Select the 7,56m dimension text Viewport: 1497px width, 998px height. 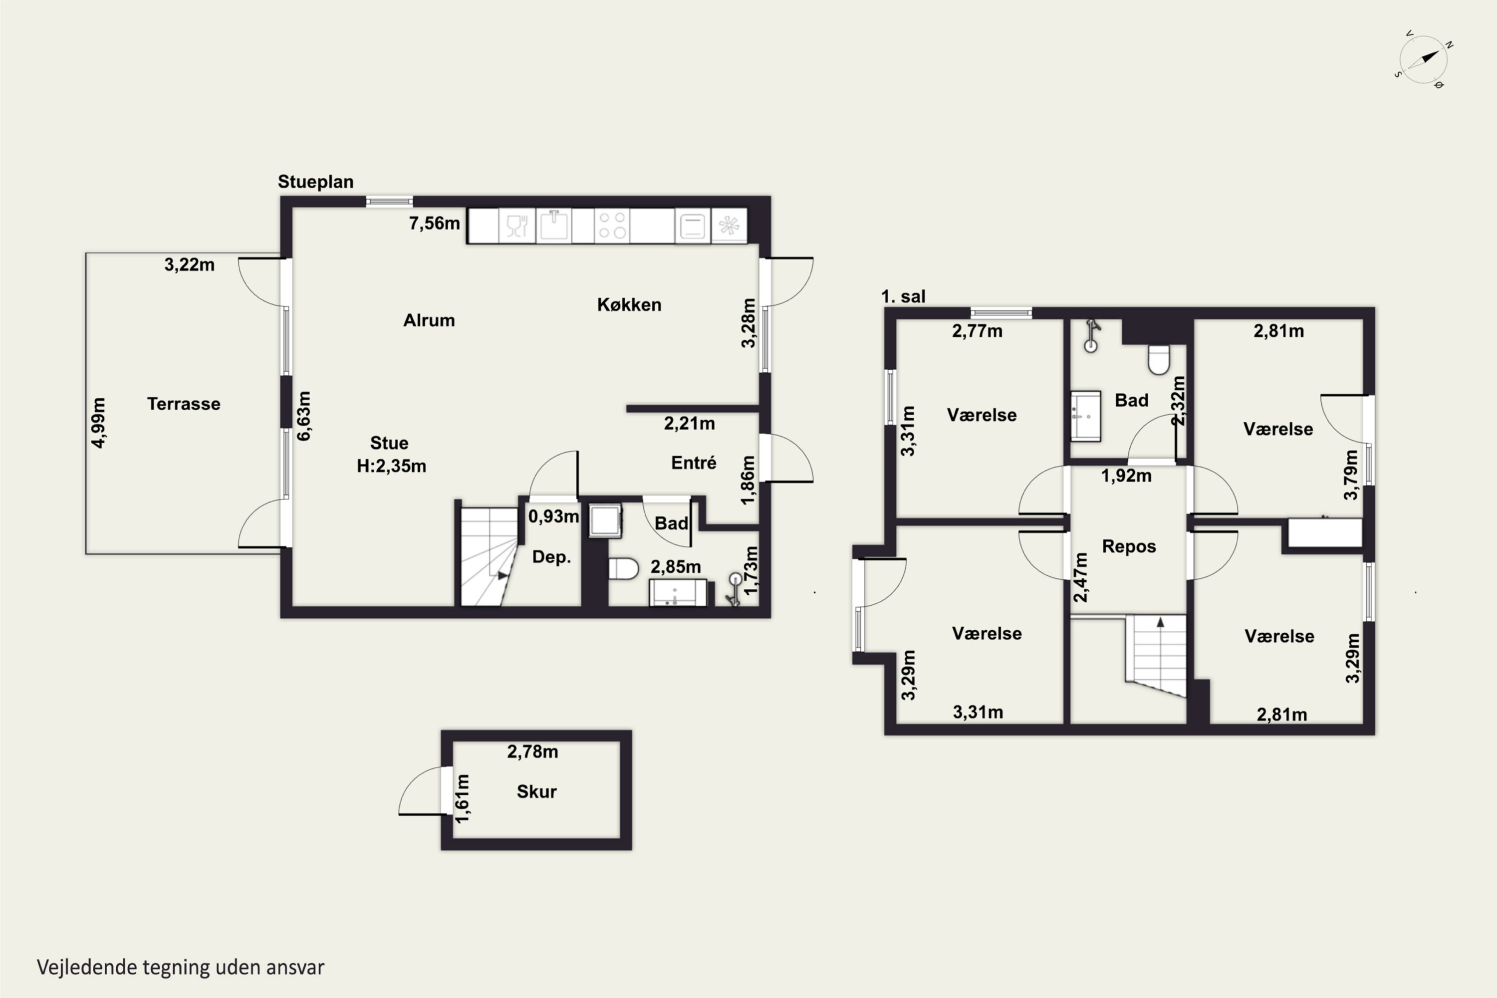tap(434, 224)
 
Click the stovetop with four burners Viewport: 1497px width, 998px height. tap(612, 226)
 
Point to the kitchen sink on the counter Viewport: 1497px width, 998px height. tap(554, 226)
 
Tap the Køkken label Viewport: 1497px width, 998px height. tap(629, 305)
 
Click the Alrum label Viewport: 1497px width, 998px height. tap(429, 320)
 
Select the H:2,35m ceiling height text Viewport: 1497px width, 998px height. tap(391, 466)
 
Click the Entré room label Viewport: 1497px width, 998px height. tap(693, 463)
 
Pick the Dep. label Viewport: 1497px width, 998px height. tap(551, 557)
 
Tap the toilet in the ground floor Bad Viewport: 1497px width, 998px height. tap(623, 568)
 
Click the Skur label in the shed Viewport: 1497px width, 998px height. tap(536, 792)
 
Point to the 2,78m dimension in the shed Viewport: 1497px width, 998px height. tap(533, 751)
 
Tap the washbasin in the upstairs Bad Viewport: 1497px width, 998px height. tap(1085, 416)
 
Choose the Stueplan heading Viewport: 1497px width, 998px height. tap(316, 182)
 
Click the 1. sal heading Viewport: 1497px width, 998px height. tap(903, 296)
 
